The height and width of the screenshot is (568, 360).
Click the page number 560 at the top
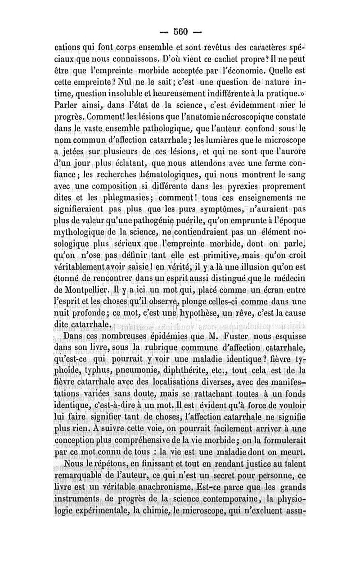click(x=180, y=31)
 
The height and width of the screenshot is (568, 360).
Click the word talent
click(x=293, y=463)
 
